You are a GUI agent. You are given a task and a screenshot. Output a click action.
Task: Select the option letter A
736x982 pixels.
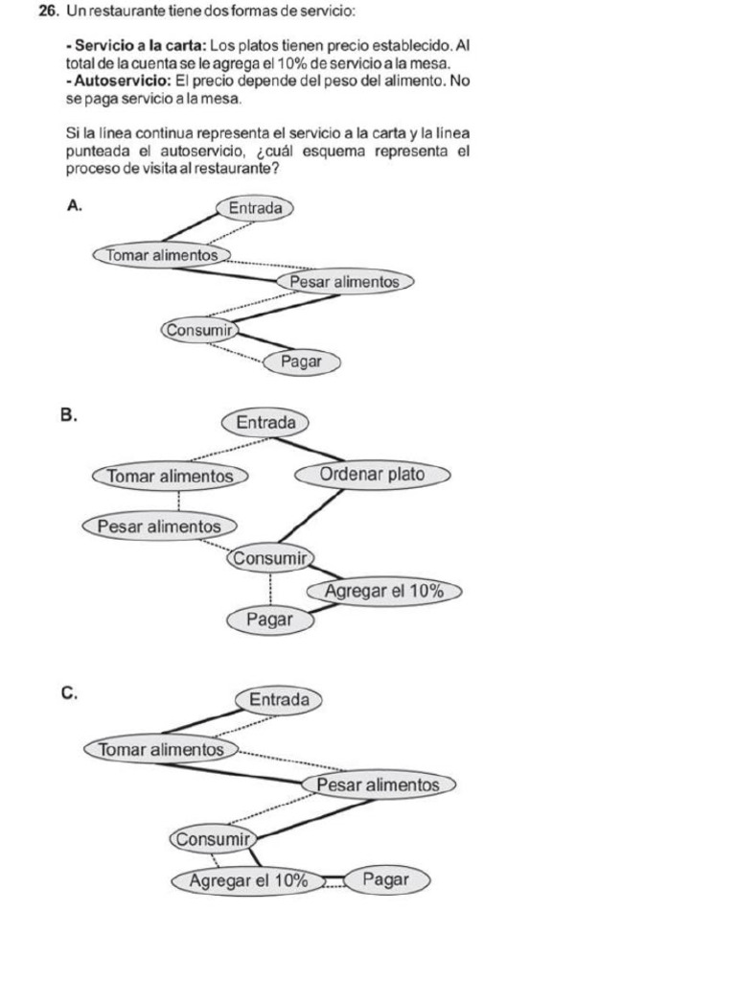pyautogui.click(x=74, y=204)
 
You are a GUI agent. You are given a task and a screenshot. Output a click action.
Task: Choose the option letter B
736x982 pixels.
pyautogui.click(x=67, y=415)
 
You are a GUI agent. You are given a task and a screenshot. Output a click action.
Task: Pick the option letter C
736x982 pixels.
pyautogui.click(x=68, y=692)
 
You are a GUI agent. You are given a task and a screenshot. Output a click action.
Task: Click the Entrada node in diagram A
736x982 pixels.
pyautogui.click(x=255, y=207)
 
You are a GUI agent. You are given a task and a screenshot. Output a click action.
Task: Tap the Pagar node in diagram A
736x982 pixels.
pyautogui.click(x=301, y=362)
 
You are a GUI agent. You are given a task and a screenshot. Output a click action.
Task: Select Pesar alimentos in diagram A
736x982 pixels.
pyautogui.click(x=344, y=282)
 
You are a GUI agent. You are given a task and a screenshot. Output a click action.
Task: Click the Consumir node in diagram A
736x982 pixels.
pyautogui.click(x=199, y=330)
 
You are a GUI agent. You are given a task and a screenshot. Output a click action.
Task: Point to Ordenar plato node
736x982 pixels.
pyautogui.click(x=372, y=474)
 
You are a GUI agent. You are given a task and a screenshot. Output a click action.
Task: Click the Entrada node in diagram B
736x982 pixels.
pyautogui.click(x=265, y=422)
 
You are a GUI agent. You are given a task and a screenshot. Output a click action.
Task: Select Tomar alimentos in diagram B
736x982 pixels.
pyautogui.click(x=171, y=476)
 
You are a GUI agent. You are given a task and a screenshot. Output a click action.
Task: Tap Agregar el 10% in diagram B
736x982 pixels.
pyautogui.click(x=383, y=592)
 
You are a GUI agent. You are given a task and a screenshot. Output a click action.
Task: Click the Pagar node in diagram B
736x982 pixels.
pyautogui.click(x=269, y=620)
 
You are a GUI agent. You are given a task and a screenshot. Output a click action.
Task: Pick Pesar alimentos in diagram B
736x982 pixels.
pyautogui.click(x=159, y=526)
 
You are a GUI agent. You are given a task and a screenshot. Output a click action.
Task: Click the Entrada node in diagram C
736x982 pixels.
pyautogui.click(x=279, y=700)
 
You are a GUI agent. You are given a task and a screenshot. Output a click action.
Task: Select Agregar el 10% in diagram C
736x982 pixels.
pyautogui.click(x=248, y=879)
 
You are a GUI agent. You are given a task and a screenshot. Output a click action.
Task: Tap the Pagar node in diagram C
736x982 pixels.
pyautogui.click(x=386, y=879)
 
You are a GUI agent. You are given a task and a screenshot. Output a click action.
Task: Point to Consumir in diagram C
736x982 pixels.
pyautogui.click(x=213, y=839)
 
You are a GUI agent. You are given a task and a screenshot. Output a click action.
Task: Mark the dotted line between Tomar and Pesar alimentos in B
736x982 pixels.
pyautogui.click(x=179, y=501)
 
